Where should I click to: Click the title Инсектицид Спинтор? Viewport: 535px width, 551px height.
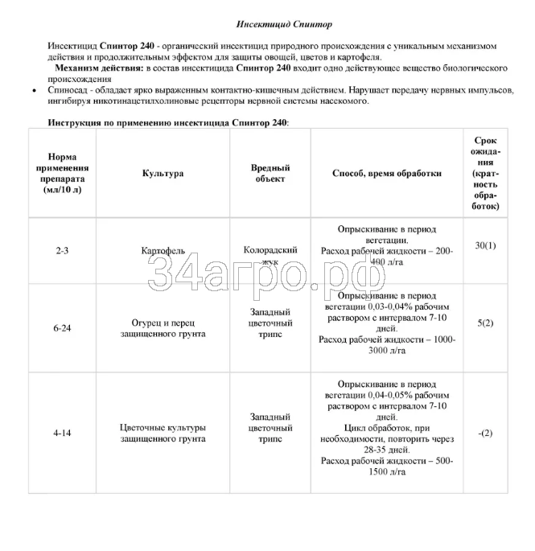pos(276,26)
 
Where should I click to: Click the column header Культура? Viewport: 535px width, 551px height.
pos(163,173)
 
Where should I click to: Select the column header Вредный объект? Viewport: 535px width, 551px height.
pos(270,173)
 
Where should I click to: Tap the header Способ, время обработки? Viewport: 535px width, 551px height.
pos(387,173)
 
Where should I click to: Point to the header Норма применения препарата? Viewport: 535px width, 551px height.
pos(62,173)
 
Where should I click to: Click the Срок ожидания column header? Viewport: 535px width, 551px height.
pos(486,173)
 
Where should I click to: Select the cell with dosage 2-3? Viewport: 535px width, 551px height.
pos(62,251)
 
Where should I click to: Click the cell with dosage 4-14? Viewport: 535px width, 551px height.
pos(62,433)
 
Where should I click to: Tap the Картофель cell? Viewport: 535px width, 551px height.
pos(163,251)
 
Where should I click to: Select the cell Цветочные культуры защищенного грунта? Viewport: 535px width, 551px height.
pos(163,433)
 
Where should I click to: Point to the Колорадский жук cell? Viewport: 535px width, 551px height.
pos(270,256)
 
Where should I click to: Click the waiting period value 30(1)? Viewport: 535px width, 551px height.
pos(485,245)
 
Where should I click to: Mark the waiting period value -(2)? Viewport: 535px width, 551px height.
pos(485,433)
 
